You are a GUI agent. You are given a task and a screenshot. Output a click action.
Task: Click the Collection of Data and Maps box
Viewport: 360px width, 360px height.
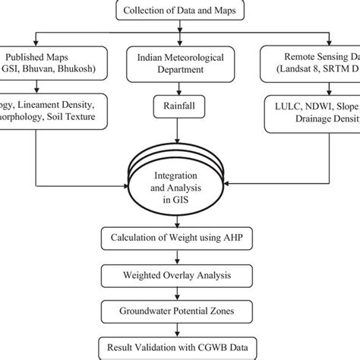click(179, 11)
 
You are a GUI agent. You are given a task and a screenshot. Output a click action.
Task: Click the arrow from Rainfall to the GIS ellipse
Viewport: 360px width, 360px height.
click(180, 144)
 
